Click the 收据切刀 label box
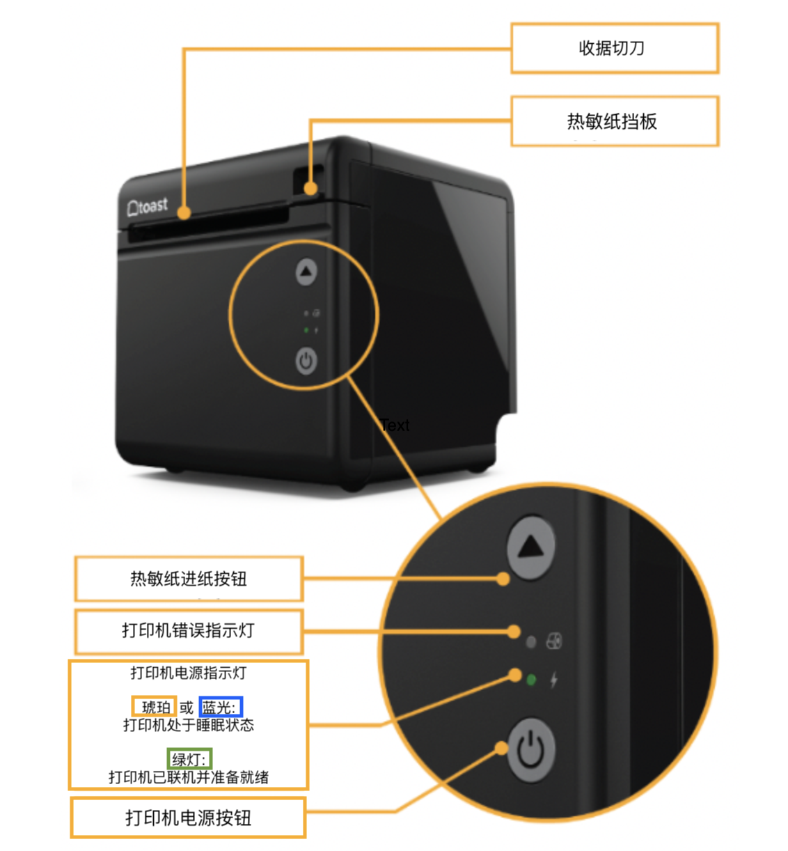click(x=614, y=48)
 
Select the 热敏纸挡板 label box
click(x=614, y=121)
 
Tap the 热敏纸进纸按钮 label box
click(x=189, y=579)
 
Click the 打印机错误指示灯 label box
click(x=189, y=631)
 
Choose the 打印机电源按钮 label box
click(x=188, y=818)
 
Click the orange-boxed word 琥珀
click(x=155, y=708)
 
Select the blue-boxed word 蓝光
click(x=220, y=708)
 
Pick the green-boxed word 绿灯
click(x=189, y=759)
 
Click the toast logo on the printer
click(x=148, y=206)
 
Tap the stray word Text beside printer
click(x=395, y=425)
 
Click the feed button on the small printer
click(x=306, y=272)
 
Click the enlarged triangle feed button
click(x=531, y=547)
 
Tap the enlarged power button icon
click(x=531, y=750)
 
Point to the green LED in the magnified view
click(x=531, y=680)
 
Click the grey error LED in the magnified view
click(x=531, y=642)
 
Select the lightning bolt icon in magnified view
click(x=554, y=680)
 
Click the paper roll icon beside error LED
click(x=554, y=641)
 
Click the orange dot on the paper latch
click(x=311, y=189)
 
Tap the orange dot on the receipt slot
click(x=184, y=213)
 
